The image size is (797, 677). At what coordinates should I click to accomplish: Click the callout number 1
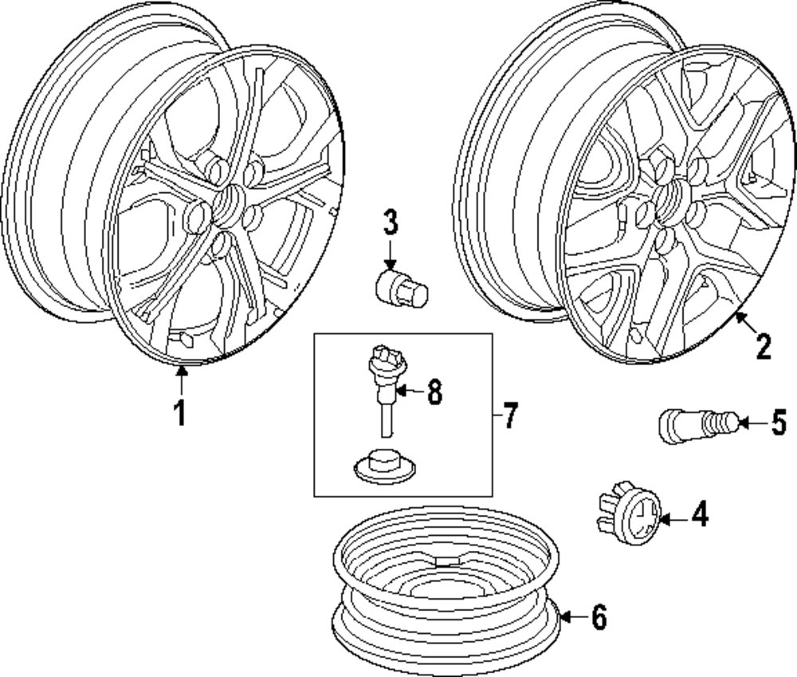180,413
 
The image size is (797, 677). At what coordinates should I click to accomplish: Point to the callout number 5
778,423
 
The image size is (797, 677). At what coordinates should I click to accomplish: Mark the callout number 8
434,393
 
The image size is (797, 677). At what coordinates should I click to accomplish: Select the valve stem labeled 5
692,423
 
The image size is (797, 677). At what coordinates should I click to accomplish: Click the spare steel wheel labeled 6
446,590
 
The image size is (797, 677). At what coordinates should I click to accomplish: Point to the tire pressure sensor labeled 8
385,383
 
